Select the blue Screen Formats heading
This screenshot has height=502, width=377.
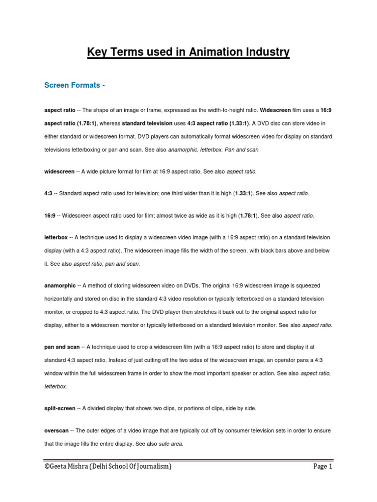tap(75, 85)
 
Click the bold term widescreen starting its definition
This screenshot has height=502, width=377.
tap(59, 172)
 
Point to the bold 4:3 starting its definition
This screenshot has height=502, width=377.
tap(48, 194)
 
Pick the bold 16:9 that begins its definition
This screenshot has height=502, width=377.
tap(50, 215)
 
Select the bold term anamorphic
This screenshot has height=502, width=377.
tap(60, 285)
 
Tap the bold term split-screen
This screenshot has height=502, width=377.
tap(60, 408)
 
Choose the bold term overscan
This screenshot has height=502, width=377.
tap(57, 430)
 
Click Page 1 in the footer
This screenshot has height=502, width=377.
tap(323, 467)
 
